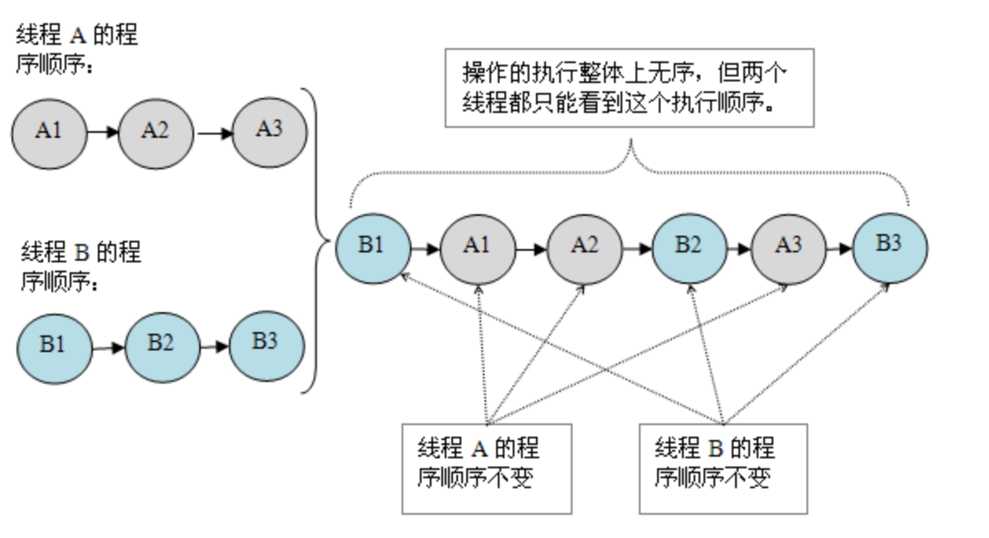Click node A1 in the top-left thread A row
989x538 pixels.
coord(49,132)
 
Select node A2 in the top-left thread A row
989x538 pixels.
coord(155,132)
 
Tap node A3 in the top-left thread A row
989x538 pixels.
coord(269,130)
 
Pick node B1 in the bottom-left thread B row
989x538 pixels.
coord(54,345)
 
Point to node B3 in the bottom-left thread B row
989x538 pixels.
coord(266,343)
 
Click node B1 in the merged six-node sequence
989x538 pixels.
coord(373,247)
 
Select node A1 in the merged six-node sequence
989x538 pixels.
coord(477,247)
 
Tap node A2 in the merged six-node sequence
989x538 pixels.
coord(584,247)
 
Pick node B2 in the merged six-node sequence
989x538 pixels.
coord(689,247)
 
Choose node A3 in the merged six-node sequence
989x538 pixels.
coord(788,247)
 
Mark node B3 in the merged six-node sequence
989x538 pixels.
coord(890,247)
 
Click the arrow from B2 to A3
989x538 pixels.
coord(738,247)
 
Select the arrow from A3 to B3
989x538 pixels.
coord(839,247)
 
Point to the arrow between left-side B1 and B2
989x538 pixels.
coord(108,347)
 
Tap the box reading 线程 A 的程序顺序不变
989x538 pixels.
coord(486,468)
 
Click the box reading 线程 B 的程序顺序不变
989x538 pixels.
coord(723,468)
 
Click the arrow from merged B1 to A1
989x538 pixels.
coord(425,247)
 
